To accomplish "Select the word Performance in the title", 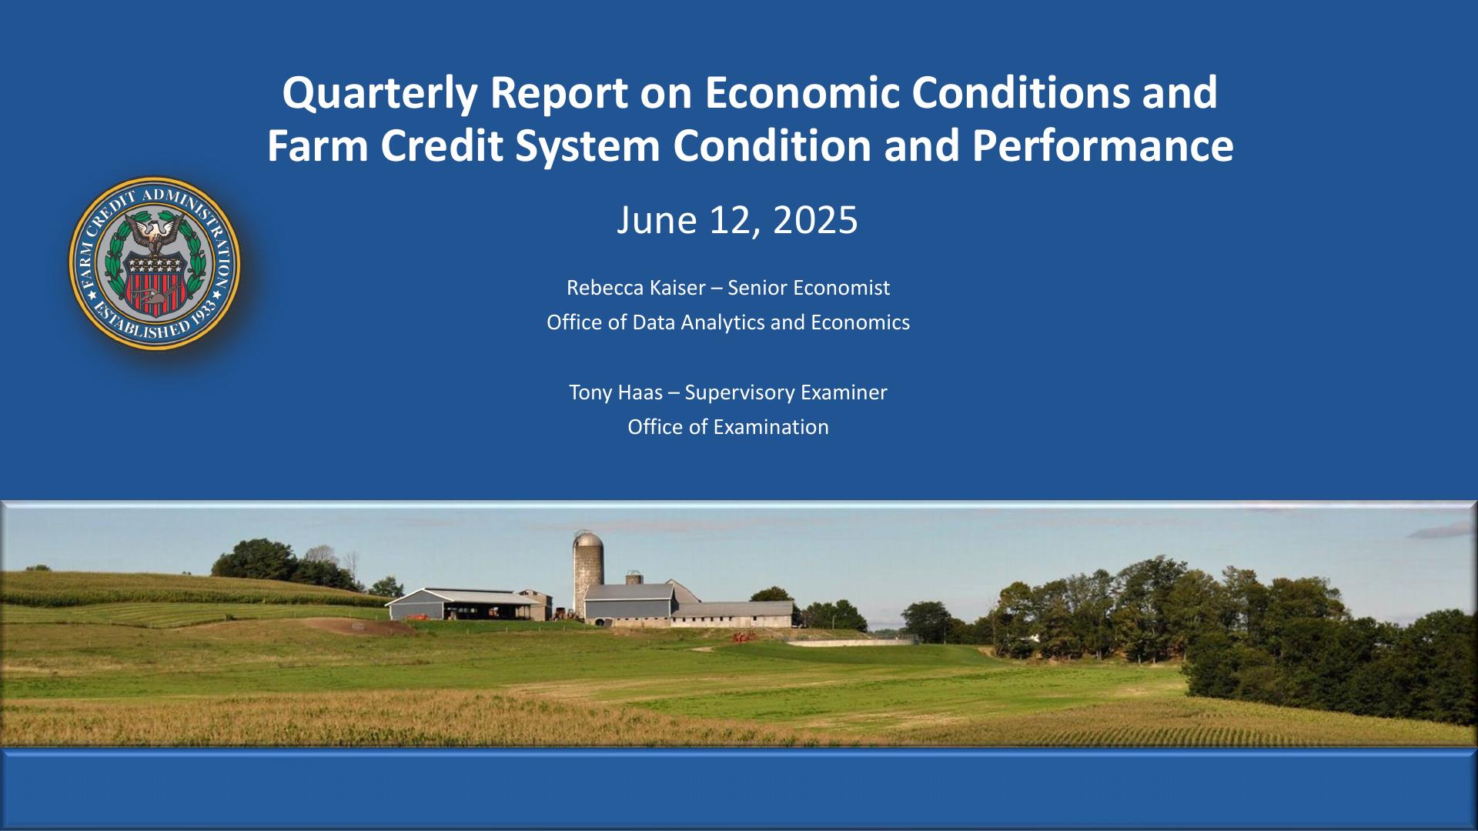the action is [1103, 146].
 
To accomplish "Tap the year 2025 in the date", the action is [815, 220].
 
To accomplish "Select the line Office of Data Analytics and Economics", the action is [728, 322].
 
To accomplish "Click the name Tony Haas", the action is [616, 392].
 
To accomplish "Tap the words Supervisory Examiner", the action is [786, 393].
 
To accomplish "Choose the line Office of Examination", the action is [728, 427].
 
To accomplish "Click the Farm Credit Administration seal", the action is [154, 263].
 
